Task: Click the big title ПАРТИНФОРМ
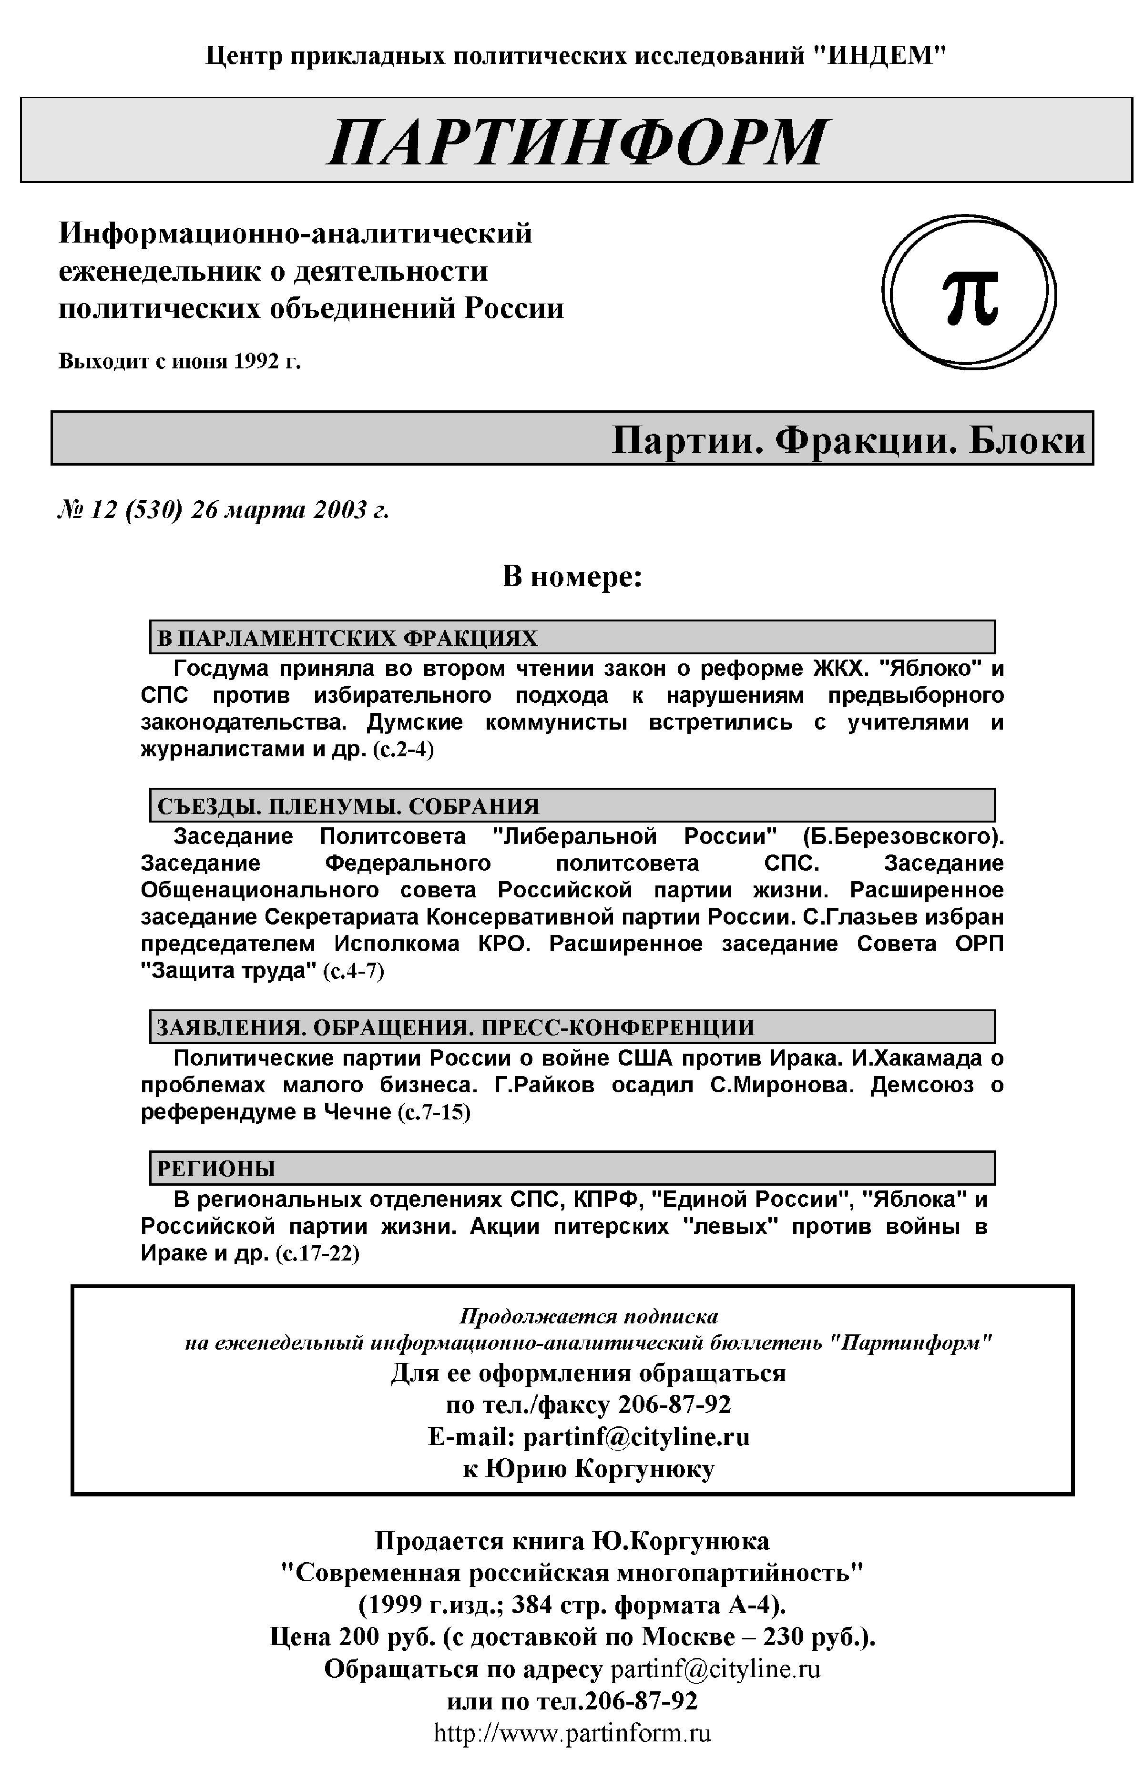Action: click(x=576, y=141)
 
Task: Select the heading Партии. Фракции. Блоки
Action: click(x=848, y=440)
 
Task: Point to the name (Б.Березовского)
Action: click(x=903, y=836)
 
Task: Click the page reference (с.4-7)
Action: click(x=354, y=971)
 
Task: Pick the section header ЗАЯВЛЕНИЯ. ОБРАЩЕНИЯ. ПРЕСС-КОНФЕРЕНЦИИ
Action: click(x=455, y=1027)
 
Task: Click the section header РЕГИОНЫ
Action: click(x=216, y=1168)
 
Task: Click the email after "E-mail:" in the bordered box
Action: click(x=636, y=1436)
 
